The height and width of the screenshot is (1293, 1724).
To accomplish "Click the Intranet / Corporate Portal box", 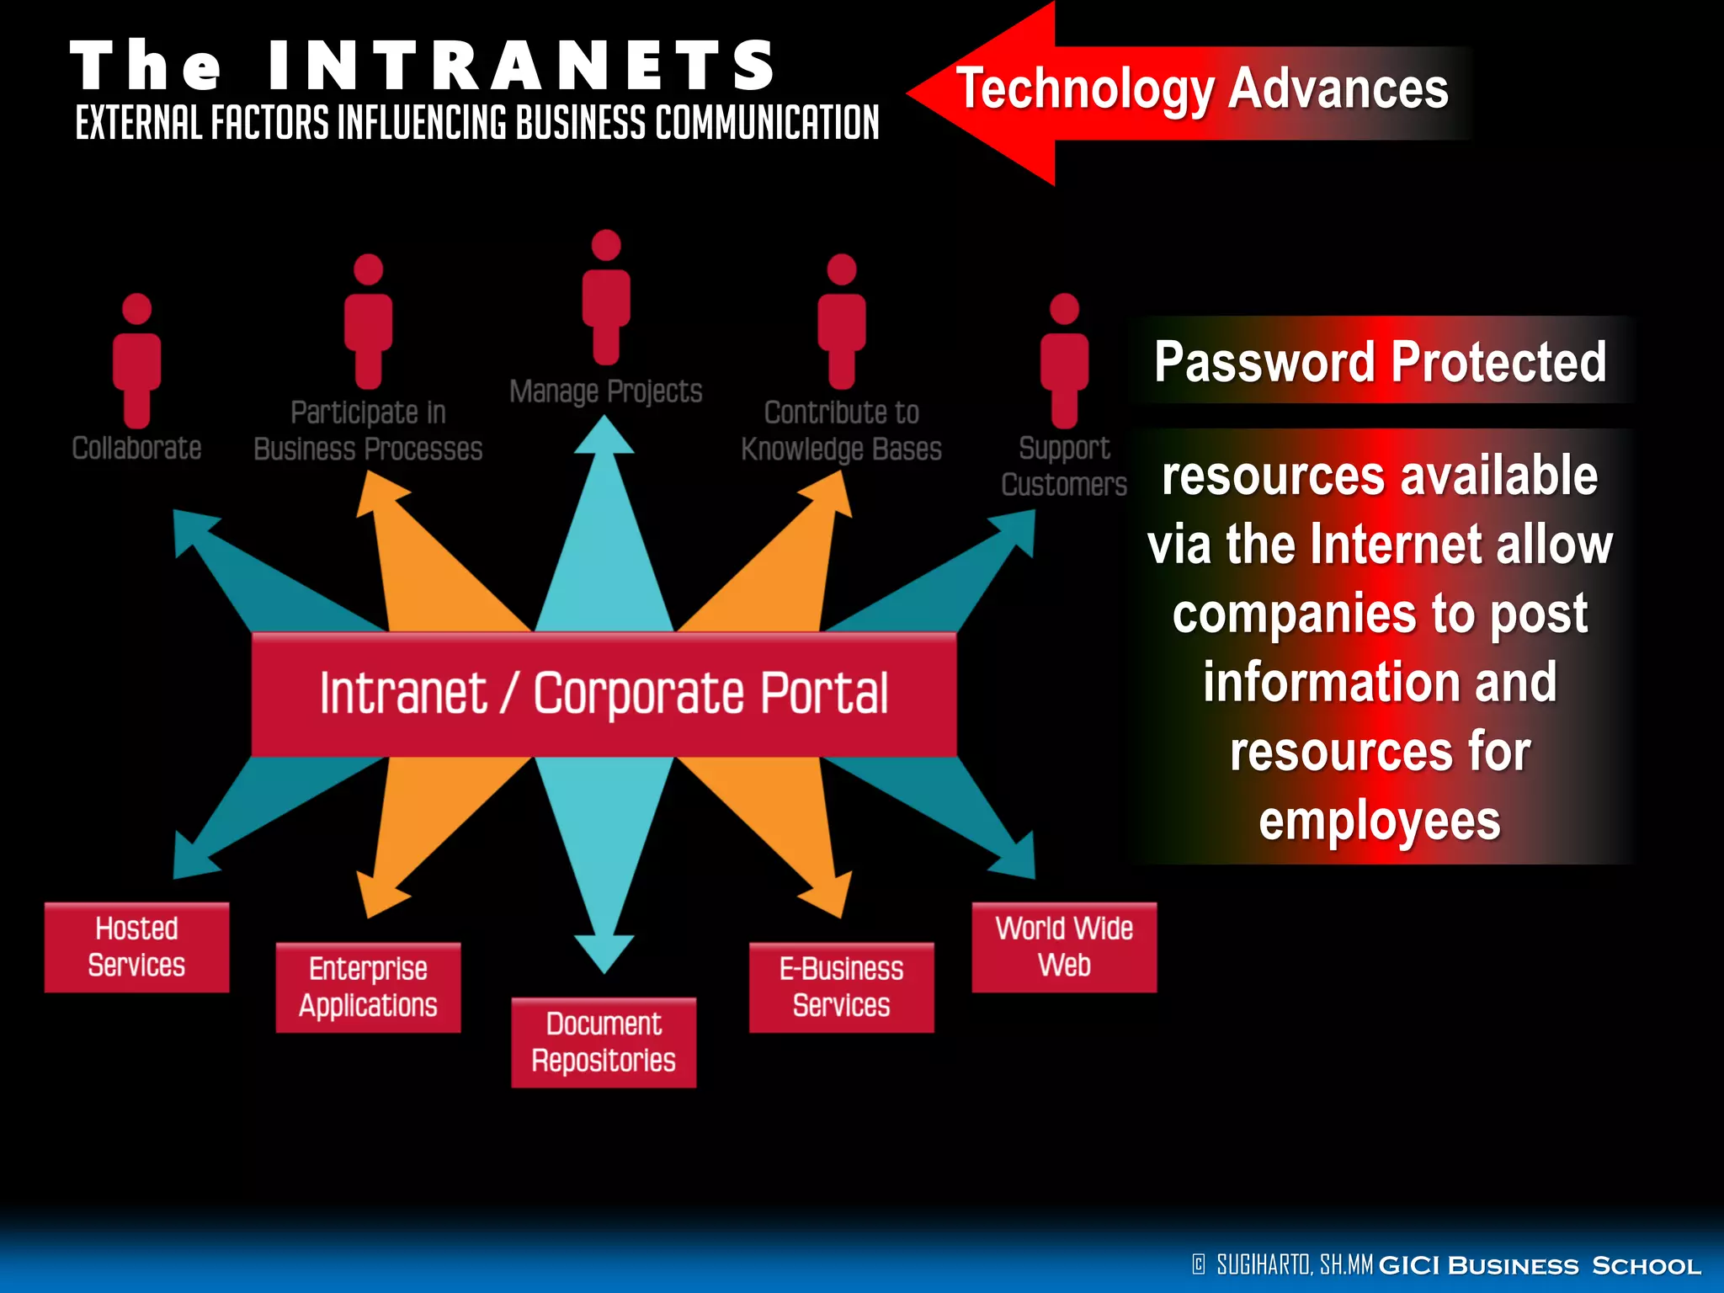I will coord(604,694).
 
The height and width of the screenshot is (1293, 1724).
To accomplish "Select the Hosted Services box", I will coord(136,947).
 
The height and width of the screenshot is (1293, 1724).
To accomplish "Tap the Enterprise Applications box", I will coord(368,987).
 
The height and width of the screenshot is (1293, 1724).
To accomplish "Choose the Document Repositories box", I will coord(604,1042).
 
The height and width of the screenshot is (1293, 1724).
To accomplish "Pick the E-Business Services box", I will coord(841,987).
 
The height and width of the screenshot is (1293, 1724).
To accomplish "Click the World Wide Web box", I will coord(1064,947).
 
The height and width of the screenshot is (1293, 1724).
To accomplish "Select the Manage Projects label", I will coord(605,392).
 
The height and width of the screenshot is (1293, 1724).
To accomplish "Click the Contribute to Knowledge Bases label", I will coord(841,431).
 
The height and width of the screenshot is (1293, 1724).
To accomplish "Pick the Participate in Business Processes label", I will coord(368,431).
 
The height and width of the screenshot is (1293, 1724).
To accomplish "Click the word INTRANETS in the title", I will coord(522,66).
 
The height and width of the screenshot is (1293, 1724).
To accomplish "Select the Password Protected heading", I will coord(1381,362).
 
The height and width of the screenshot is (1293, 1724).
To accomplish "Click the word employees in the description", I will coord(1380,822).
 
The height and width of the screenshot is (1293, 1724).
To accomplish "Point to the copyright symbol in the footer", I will coord(1199,1264).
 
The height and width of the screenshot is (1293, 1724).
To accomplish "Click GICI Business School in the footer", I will coord(1540,1265).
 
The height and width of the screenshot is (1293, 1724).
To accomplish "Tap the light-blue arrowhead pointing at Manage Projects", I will coord(604,438).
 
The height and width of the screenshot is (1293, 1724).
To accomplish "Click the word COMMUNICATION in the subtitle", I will coord(767,123).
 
